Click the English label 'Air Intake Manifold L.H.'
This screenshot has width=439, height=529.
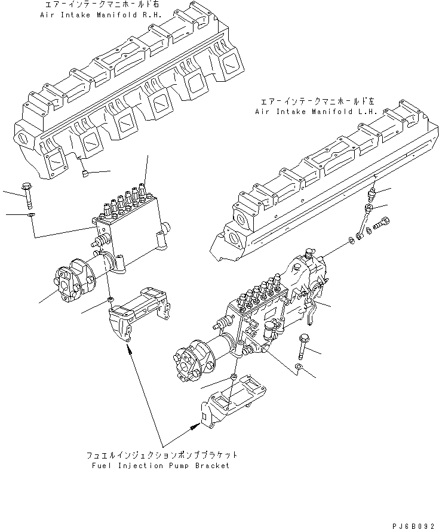pyautogui.click(x=306, y=111)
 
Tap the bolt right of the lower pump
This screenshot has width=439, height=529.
pyautogui.click(x=304, y=344)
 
